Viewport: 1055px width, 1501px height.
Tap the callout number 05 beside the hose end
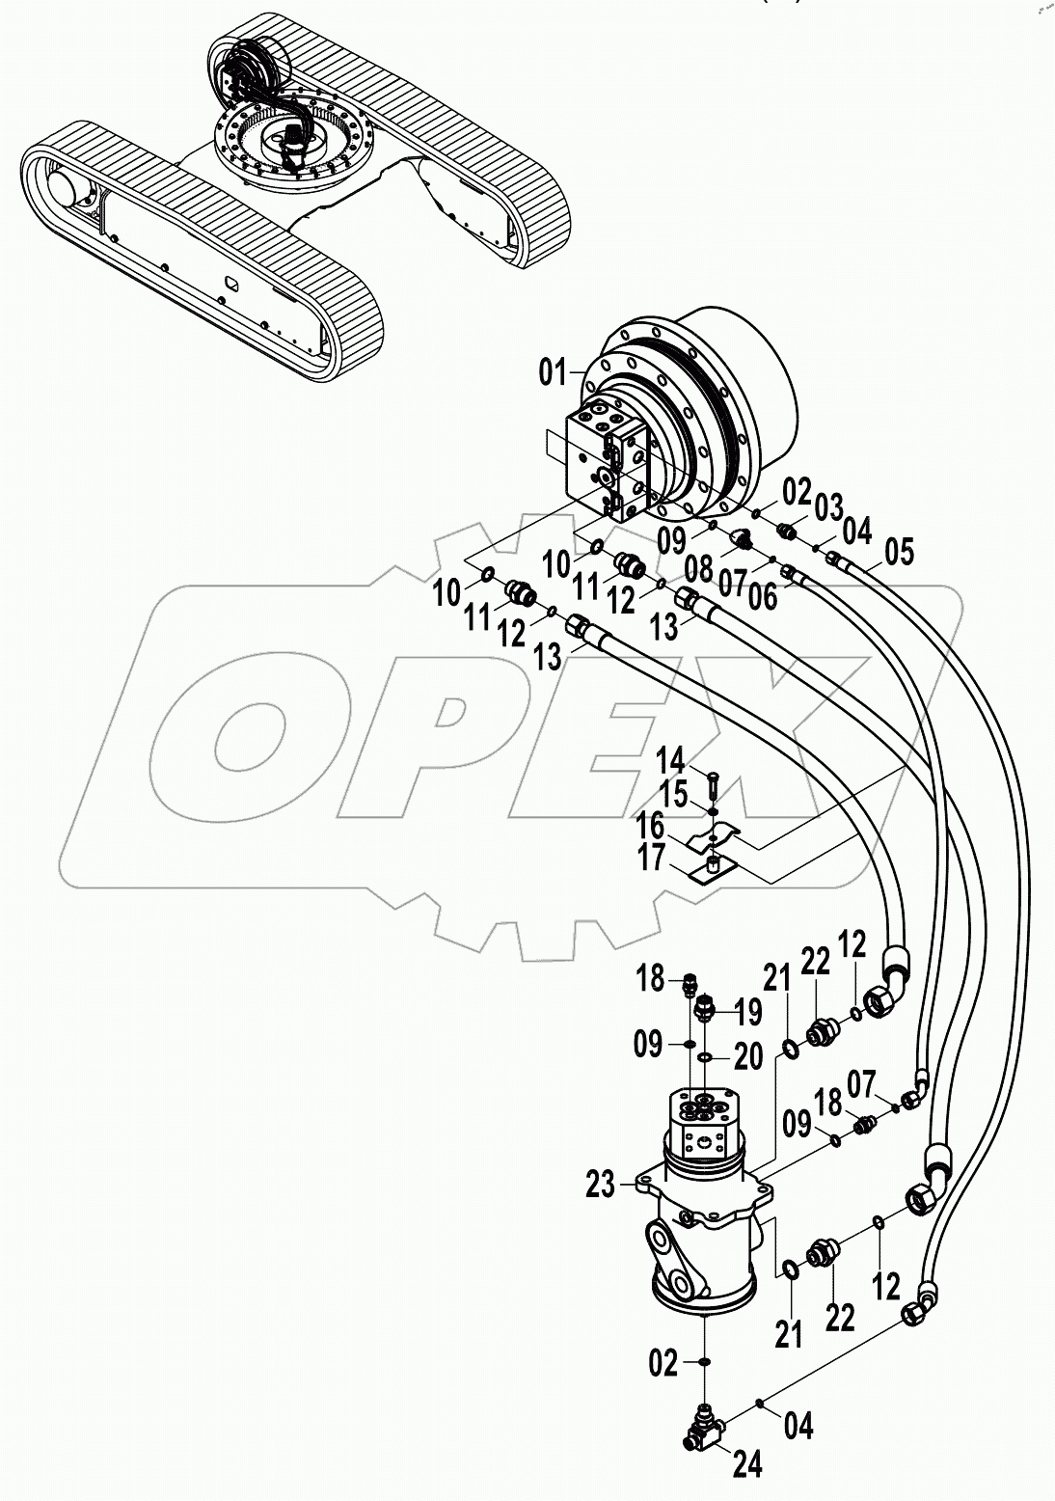(x=898, y=553)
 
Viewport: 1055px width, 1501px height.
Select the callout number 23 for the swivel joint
(x=600, y=1185)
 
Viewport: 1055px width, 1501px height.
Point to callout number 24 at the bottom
(x=748, y=1463)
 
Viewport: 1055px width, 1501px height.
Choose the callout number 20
(x=747, y=1058)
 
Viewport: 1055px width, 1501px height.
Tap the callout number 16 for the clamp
(x=677, y=826)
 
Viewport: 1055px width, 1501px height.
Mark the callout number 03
(x=828, y=505)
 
